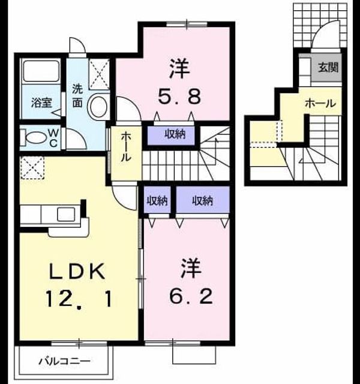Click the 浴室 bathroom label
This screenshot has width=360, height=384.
[x=41, y=103]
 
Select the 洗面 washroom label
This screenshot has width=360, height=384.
[x=77, y=96]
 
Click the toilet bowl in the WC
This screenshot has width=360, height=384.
[x=36, y=138]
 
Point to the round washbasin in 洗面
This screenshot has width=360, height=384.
[x=98, y=107]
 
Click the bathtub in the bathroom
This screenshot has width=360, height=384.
[x=41, y=71]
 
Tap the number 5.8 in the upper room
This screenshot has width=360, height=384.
[x=179, y=96]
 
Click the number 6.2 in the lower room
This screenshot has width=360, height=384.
[x=191, y=296]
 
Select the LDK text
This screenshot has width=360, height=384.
[x=77, y=271]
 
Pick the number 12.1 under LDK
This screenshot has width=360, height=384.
[x=79, y=299]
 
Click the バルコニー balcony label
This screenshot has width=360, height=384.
[x=65, y=361]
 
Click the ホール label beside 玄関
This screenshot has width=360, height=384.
[x=320, y=104]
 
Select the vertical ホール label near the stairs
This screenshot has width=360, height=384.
[x=126, y=146]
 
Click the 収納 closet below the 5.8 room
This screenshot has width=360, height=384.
[x=175, y=134]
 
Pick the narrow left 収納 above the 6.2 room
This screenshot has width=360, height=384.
[x=157, y=201]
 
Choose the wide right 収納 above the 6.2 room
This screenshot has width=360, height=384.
[x=202, y=201]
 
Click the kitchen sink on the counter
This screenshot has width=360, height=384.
[x=66, y=214]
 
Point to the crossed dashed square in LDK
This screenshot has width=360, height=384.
[x=32, y=168]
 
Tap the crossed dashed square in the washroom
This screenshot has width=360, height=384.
[x=99, y=74]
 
